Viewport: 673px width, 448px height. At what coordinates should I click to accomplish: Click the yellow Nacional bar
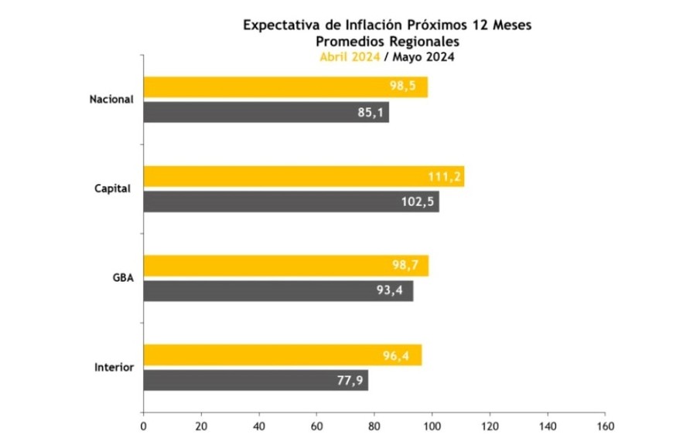285,87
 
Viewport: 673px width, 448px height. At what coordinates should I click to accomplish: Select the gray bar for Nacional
266,113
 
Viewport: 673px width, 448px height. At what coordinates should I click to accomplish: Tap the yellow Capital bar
304,176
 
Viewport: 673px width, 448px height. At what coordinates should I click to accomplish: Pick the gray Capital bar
291,202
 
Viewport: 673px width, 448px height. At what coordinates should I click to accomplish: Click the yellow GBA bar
285,266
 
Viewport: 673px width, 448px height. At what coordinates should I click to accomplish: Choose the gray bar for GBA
278,291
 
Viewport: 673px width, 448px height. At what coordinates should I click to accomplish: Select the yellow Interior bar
282,355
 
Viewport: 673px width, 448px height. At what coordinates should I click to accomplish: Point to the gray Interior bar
255,381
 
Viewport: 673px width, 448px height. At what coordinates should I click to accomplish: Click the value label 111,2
445,177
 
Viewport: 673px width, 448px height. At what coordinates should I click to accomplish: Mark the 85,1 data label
371,114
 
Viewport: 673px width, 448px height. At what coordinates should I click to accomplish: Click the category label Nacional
111,100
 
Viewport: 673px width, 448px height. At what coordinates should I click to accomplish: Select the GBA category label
123,278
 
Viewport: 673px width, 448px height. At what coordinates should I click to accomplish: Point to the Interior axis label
113,367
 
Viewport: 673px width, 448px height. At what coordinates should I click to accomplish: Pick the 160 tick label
606,426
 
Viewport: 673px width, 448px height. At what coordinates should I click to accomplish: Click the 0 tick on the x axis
143,426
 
